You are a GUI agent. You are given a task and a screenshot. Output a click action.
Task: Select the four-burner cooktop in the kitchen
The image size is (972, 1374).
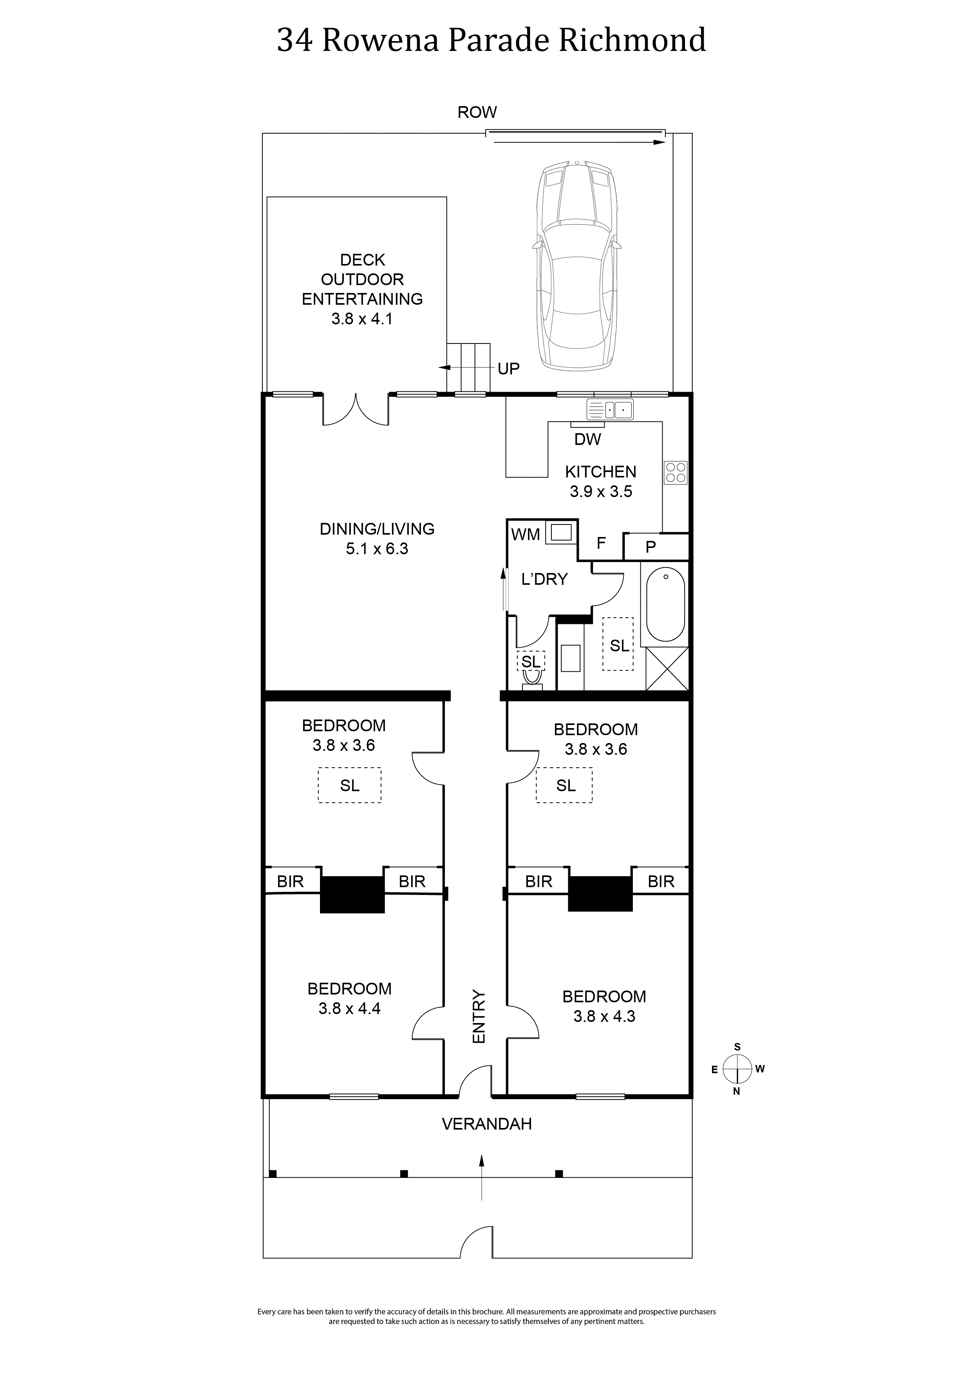point(676,473)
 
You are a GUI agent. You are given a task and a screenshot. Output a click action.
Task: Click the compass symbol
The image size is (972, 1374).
point(737,1069)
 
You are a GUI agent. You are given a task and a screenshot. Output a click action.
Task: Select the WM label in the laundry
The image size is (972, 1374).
point(526,534)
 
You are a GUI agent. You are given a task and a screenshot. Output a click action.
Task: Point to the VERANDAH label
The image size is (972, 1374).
point(487,1125)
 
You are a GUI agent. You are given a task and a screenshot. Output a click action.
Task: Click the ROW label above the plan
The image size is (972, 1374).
point(477,112)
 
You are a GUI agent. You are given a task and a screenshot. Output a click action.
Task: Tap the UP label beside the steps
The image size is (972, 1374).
point(509,369)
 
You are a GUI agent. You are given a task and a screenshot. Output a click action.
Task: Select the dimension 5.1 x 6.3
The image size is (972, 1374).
point(377,549)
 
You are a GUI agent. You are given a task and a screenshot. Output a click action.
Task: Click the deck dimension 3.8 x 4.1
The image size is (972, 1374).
point(362,319)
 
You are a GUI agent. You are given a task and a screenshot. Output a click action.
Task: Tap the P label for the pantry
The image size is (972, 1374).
point(650,546)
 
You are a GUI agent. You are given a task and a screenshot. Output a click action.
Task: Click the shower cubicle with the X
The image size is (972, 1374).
point(667,669)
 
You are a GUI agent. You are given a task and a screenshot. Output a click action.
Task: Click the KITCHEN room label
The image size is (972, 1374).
point(601,472)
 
